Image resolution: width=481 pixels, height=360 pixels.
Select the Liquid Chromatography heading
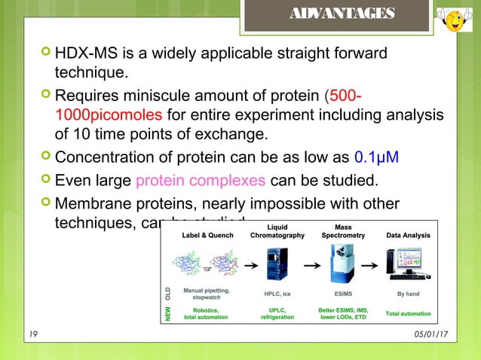point(277,230)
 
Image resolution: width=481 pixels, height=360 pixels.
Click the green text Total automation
point(408,313)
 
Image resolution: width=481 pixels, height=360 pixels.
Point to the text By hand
point(408,294)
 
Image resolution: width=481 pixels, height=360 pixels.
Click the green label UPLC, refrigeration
point(277,313)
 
